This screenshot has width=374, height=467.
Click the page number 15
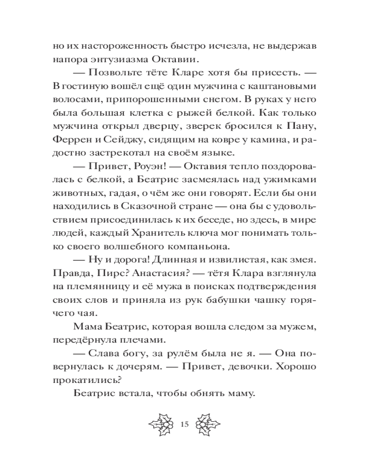coord(183,424)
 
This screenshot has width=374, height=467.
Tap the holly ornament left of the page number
coord(161,424)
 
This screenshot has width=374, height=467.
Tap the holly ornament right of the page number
coord(207,424)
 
